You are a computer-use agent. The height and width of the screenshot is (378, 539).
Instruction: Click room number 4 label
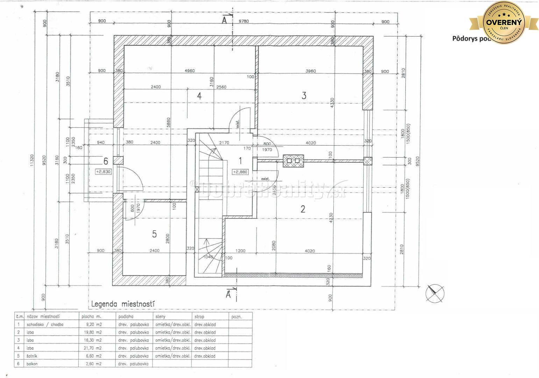(x=199, y=96)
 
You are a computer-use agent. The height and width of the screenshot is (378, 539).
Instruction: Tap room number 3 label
(x=304, y=95)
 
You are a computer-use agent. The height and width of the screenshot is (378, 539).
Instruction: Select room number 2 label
(x=303, y=209)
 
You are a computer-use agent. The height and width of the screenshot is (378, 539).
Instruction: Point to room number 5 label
(x=154, y=234)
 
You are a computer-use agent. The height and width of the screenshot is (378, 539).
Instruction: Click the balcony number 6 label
(x=105, y=161)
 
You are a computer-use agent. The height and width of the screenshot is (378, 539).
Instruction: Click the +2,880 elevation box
(x=240, y=172)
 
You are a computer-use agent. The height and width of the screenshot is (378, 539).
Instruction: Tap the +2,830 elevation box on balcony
(x=103, y=171)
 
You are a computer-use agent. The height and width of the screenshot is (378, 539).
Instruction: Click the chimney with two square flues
(x=293, y=161)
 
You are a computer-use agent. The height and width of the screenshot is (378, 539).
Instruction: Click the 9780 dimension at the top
(x=243, y=21)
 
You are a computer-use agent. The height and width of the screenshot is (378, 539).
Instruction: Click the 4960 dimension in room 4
(x=190, y=71)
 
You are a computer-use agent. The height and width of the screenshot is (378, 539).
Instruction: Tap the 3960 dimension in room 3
(x=310, y=71)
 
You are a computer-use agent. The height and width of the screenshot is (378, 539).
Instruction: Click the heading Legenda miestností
(x=123, y=304)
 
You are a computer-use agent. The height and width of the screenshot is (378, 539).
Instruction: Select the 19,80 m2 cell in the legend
(x=93, y=332)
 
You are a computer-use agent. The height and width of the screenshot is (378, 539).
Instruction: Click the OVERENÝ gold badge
(x=503, y=22)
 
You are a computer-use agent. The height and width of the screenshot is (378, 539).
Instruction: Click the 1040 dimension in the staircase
(x=208, y=257)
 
